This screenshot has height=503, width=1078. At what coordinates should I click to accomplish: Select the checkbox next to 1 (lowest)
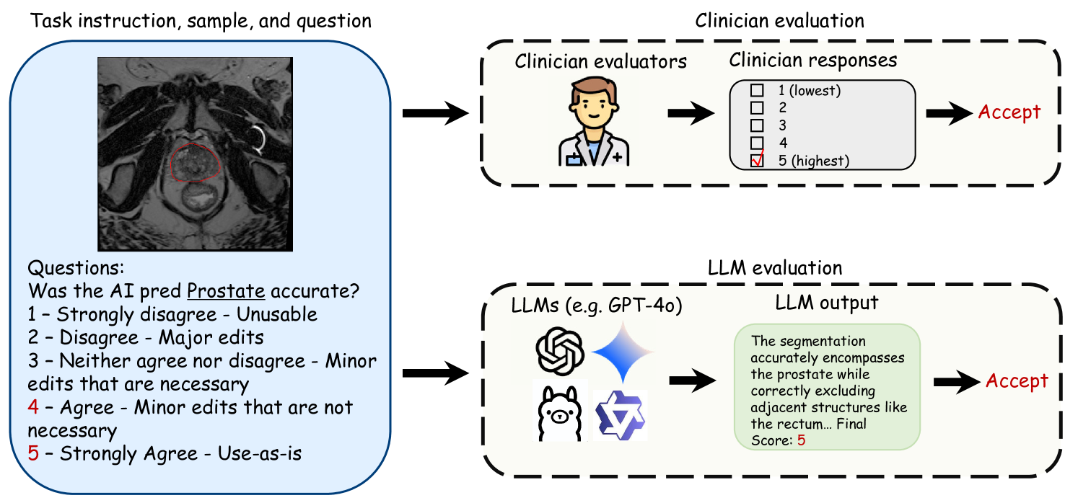click(x=757, y=91)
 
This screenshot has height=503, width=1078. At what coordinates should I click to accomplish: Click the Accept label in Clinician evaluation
click(x=1009, y=112)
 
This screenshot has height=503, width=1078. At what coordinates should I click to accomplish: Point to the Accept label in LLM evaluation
click(x=1017, y=381)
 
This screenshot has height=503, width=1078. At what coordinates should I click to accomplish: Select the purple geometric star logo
click(x=621, y=416)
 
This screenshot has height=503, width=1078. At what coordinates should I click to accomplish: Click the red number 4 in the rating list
click(x=34, y=408)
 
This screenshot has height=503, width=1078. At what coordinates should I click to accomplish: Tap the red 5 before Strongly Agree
click(x=34, y=454)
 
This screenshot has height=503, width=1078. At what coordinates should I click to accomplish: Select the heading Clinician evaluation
click(x=779, y=20)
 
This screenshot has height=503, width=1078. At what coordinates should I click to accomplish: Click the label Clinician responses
click(x=812, y=61)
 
